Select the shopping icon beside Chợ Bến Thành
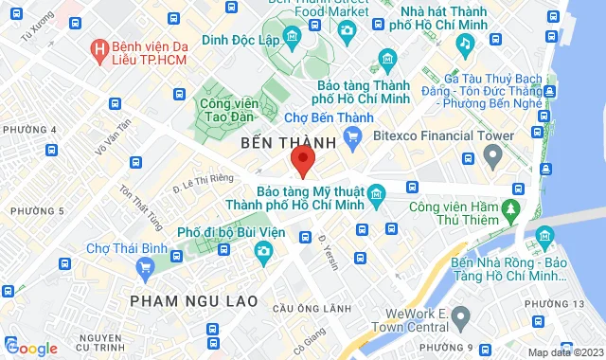(x=352, y=137)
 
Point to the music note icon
(x=464, y=43)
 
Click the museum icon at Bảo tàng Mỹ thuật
(x=376, y=196)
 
